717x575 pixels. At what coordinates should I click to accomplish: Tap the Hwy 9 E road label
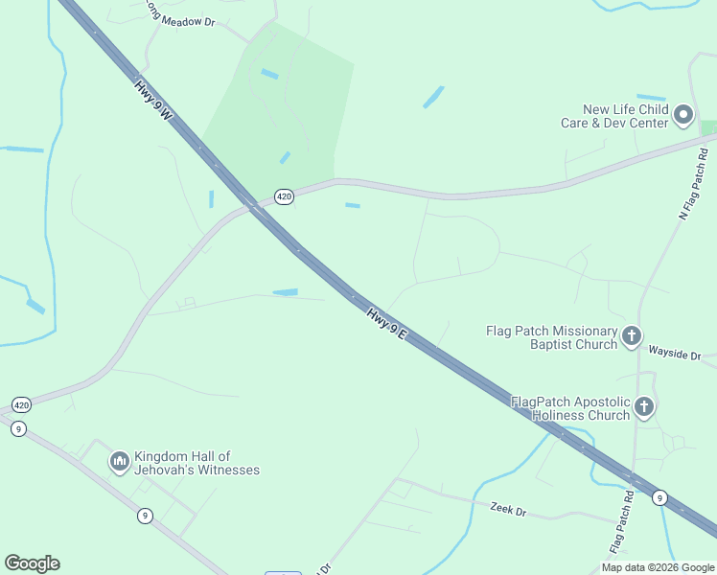click(x=387, y=322)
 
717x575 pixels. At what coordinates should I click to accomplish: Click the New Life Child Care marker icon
click(x=683, y=116)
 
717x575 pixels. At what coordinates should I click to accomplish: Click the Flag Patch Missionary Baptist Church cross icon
click(x=632, y=336)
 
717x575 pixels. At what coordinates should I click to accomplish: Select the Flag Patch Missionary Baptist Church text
click(x=552, y=337)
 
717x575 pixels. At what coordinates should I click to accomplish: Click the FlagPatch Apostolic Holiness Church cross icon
click(x=644, y=407)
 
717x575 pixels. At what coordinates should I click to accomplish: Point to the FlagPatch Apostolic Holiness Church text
click(x=569, y=408)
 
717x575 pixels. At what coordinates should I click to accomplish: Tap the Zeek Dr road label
click(x=508, y=511)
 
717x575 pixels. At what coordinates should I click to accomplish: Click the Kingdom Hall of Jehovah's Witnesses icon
click(x=120, y=463)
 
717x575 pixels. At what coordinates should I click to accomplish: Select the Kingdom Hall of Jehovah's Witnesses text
click(x=197, y=463)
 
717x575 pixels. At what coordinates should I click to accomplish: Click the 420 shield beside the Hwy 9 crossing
click(x=284, y=196)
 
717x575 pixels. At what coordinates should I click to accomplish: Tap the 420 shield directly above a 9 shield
click(x=21, y=404)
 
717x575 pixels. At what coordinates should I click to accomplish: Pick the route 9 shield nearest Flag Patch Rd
click(x=659, y=497)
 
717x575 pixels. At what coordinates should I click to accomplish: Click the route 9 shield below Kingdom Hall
click(x=144, y=516)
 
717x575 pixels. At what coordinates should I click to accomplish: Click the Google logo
click(x=32, y=563)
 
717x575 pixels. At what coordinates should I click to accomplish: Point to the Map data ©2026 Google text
click(x=658, y=567)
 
